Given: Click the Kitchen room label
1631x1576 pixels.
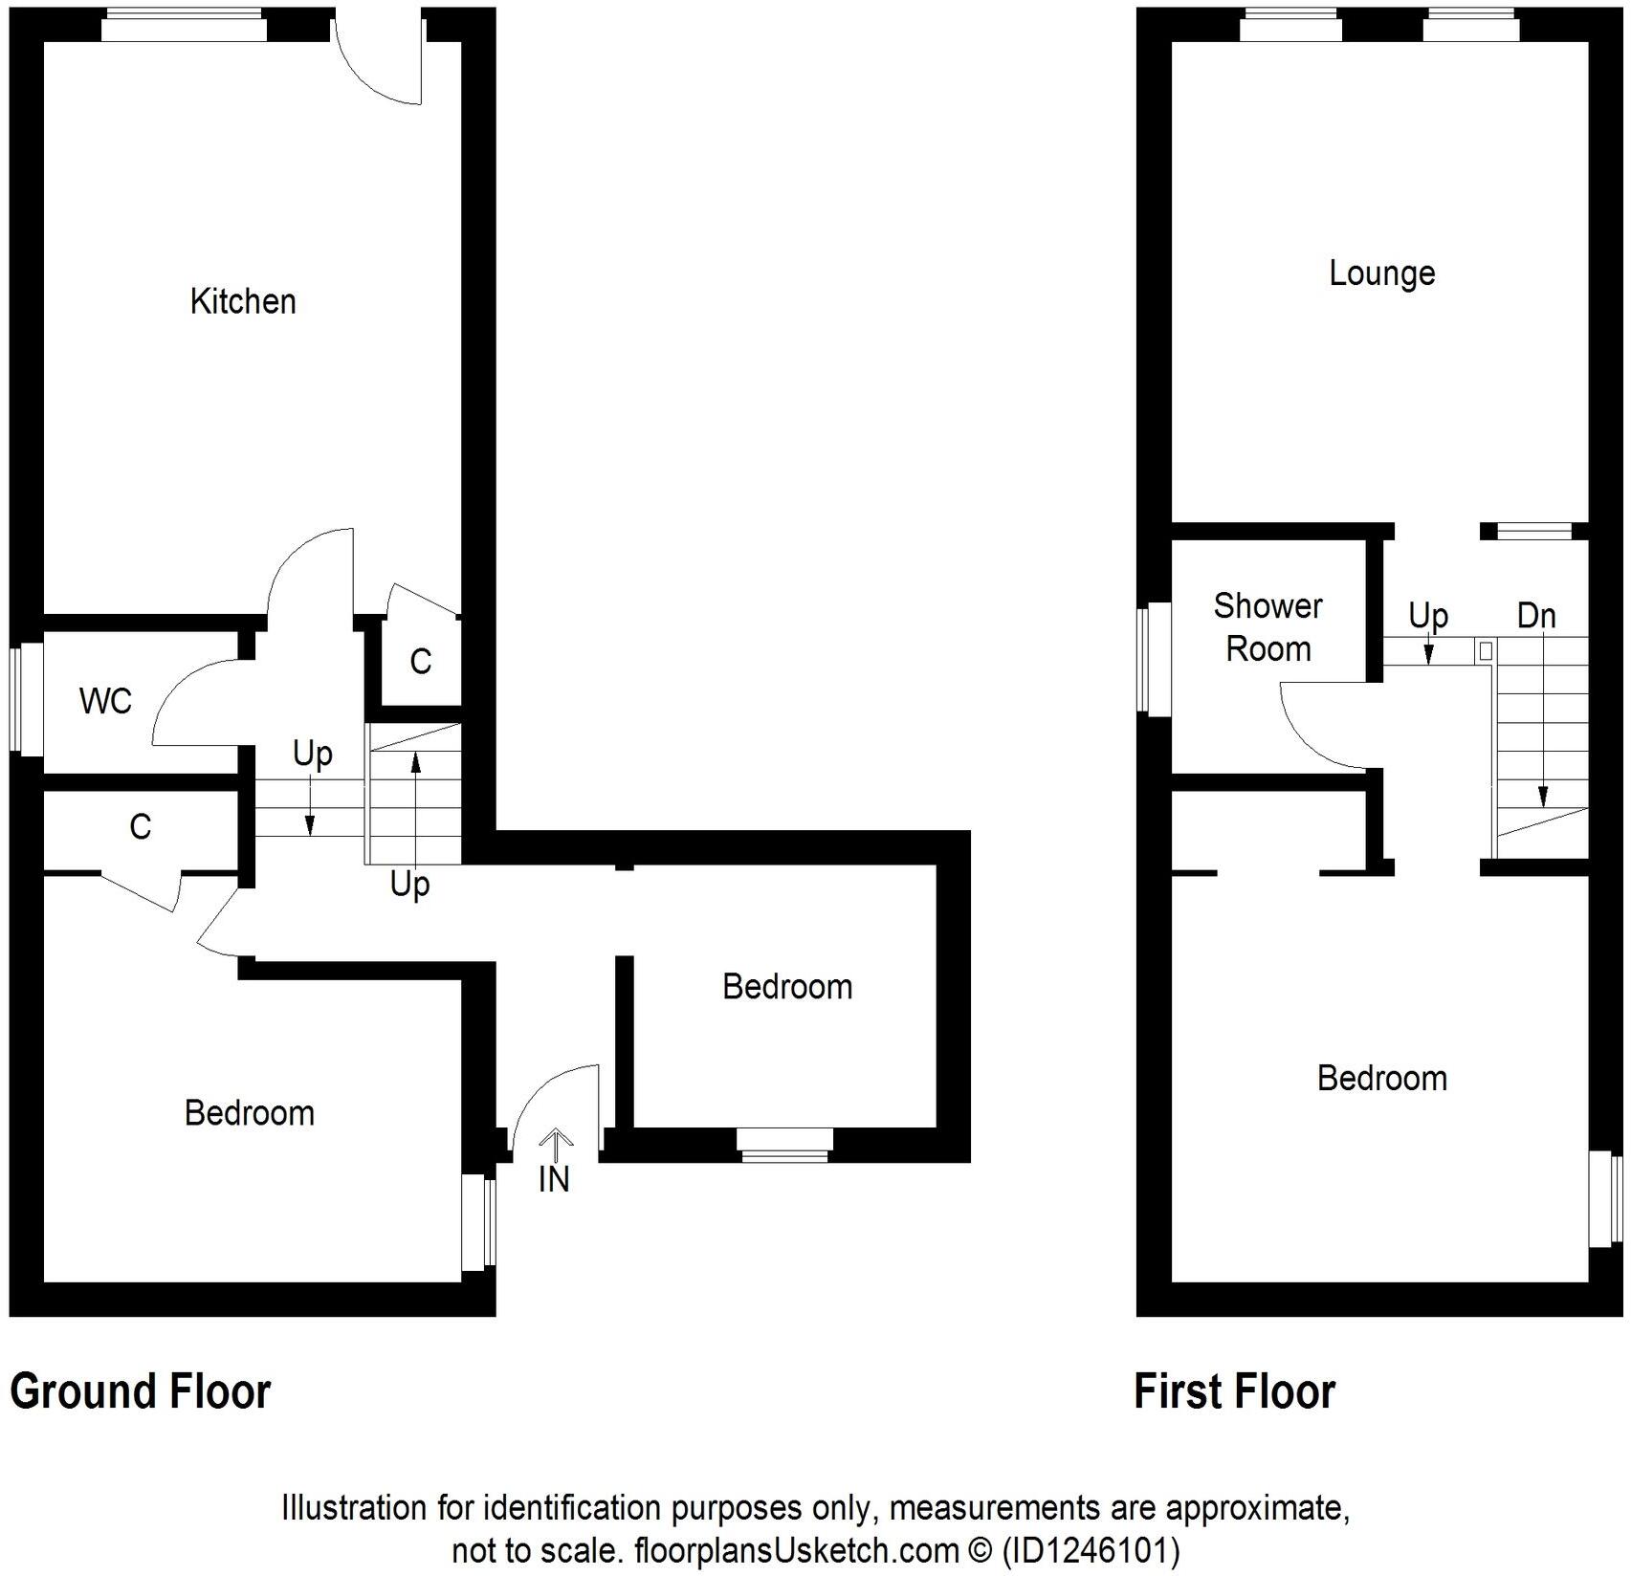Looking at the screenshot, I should coord(243,301).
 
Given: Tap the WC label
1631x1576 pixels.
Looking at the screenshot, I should coord(105,701).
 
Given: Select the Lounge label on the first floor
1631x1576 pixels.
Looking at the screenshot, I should coord(1381,274).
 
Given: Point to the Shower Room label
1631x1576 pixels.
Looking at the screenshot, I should coord(1267,627).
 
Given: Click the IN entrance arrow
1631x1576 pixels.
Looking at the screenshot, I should coord(554,1163).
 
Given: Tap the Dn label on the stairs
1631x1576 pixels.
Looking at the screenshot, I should coord(1536,616).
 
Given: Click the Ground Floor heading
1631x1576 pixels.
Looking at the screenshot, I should coord(141,1391).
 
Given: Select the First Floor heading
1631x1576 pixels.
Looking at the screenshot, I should coord(1234,1391).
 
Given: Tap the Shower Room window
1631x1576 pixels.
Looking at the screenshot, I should coord(1154,658).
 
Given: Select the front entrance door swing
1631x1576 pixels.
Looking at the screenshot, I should coord(556,1100).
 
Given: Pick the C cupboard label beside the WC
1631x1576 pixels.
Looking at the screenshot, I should coord(141,826).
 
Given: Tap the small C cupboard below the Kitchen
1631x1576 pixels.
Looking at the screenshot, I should coord(421,661).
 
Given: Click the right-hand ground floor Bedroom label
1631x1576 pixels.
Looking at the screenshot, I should coord(786,986).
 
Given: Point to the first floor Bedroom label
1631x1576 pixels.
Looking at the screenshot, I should coord(1381,1078).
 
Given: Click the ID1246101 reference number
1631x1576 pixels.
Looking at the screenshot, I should coord(1090,1549).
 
